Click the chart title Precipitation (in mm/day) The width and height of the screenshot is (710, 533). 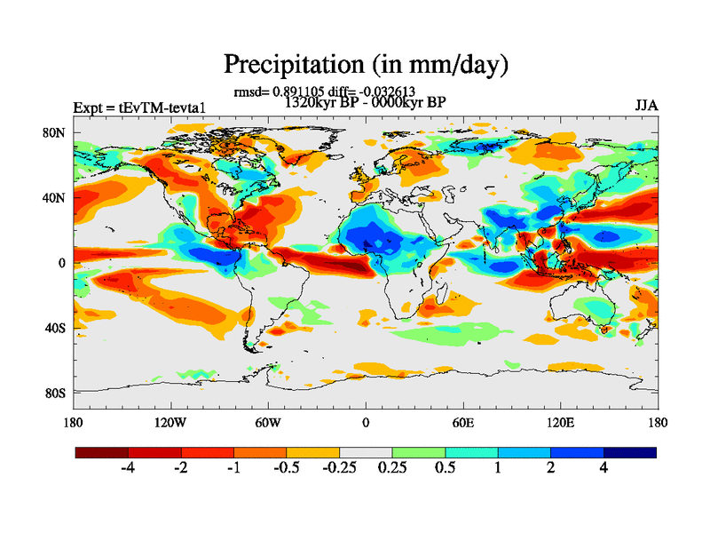click(366, 64)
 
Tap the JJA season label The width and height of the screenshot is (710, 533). click(646, 105)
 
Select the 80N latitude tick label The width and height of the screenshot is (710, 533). click(56, 132)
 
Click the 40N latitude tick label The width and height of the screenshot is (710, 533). click(56, 197)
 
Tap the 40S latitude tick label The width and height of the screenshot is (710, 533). click(56, 328)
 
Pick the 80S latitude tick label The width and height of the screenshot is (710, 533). click(56, 393)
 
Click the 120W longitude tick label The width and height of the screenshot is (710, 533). click(170, 422)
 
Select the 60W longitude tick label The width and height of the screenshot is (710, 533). click(268, 422)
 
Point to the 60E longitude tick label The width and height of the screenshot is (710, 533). click(462, 422)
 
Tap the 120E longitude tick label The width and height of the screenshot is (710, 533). click(560, 422)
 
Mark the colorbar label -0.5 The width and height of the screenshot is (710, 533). click(286, 470)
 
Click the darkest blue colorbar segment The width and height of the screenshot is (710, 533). click(630, 452)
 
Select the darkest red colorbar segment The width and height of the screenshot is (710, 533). click(102, 452)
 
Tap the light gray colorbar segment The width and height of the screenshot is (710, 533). click(366, 452)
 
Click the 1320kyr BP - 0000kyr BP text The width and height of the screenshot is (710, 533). click(365, 101)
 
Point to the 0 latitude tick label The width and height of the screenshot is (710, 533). click(62, 263)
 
